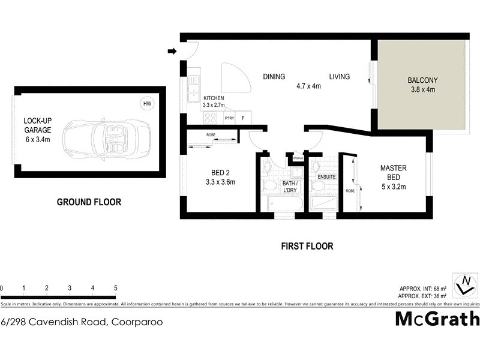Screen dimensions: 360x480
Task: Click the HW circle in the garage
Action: (x=147, y=104)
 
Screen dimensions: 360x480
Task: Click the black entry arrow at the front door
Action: (x=172, y=52)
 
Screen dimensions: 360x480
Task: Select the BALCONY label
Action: (x=422, y=80)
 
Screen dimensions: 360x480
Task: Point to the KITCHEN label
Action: (x=214, y=98)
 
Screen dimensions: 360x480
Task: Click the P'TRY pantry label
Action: (x=229, y=118)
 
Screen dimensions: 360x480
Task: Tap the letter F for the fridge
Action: (x=243, y=118)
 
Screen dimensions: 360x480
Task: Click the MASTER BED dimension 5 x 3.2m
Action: (x=394, y=187)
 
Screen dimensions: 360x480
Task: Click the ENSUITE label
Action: (x=327, y=178)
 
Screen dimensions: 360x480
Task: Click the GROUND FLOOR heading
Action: (x=89, y=202)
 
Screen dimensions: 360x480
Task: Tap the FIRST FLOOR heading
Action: (x=307, y=246)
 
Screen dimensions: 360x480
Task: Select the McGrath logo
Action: (x=436, y=319)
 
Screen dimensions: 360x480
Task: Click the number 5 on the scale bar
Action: (x=115, y=289)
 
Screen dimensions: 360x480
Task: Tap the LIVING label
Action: (x=339, y=76)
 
